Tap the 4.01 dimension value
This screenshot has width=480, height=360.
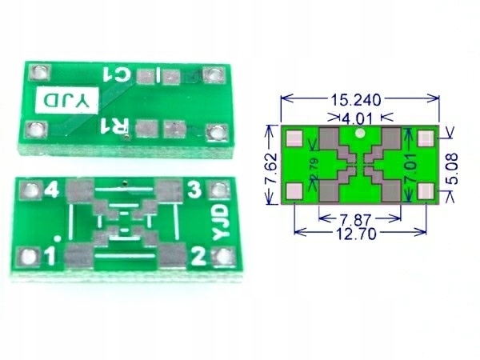tap(356, 118)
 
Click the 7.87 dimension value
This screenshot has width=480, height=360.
tap(356, 220)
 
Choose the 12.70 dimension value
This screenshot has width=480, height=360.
tap(356, 234)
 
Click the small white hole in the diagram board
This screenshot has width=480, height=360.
tap(360, 133)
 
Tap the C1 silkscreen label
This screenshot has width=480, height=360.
tap(118, 74)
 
